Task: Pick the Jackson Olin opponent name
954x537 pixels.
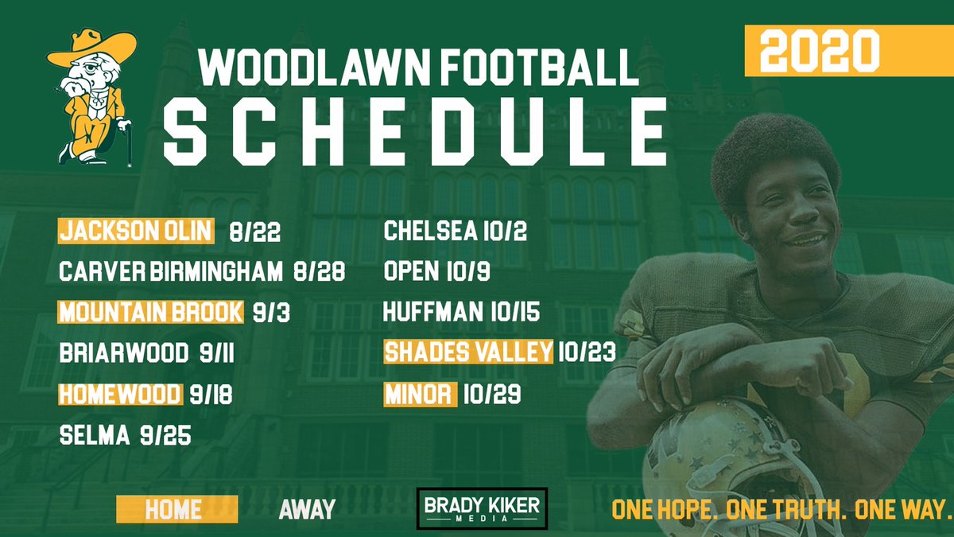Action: [136, 232]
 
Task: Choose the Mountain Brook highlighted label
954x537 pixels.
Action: [150, 312]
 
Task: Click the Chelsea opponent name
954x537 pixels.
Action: [429, 232]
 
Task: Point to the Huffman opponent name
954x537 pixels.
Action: [432, 312]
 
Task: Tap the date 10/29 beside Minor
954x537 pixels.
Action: [493, 394]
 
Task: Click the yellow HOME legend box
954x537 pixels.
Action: [176, 509]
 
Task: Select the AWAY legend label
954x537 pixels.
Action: [307, 509]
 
